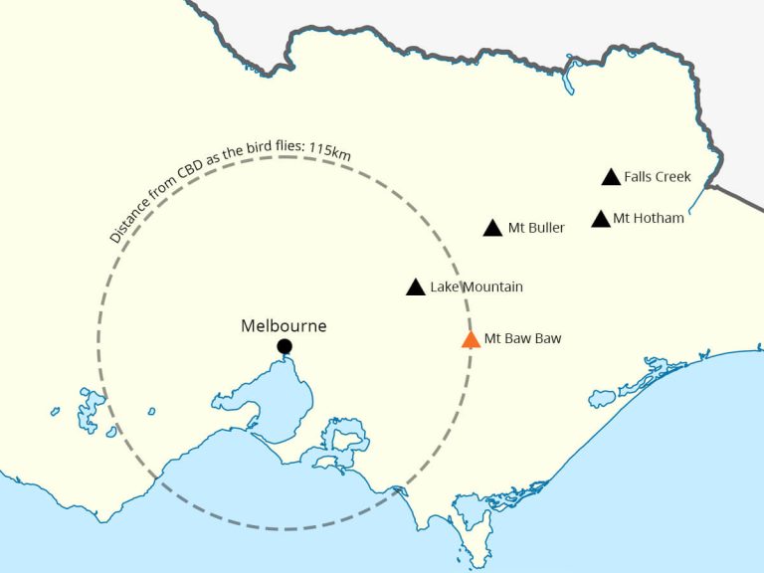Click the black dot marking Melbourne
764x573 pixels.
[285, 346]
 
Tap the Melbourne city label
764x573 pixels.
[284, 325]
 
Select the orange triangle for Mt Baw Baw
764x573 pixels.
[471, 340]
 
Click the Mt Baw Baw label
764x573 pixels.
[522, 338]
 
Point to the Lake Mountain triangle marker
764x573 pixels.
[416, 287]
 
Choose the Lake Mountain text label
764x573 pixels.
[477, 287]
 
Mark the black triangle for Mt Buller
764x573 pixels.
[492, 229]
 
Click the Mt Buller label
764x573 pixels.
[536, 228]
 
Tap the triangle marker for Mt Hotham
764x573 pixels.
[601, 219]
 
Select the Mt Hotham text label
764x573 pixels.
[649, 218]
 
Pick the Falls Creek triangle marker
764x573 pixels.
[612, 178]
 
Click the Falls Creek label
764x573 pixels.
[658, 177]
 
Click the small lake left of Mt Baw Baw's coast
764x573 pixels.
[602, 398]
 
